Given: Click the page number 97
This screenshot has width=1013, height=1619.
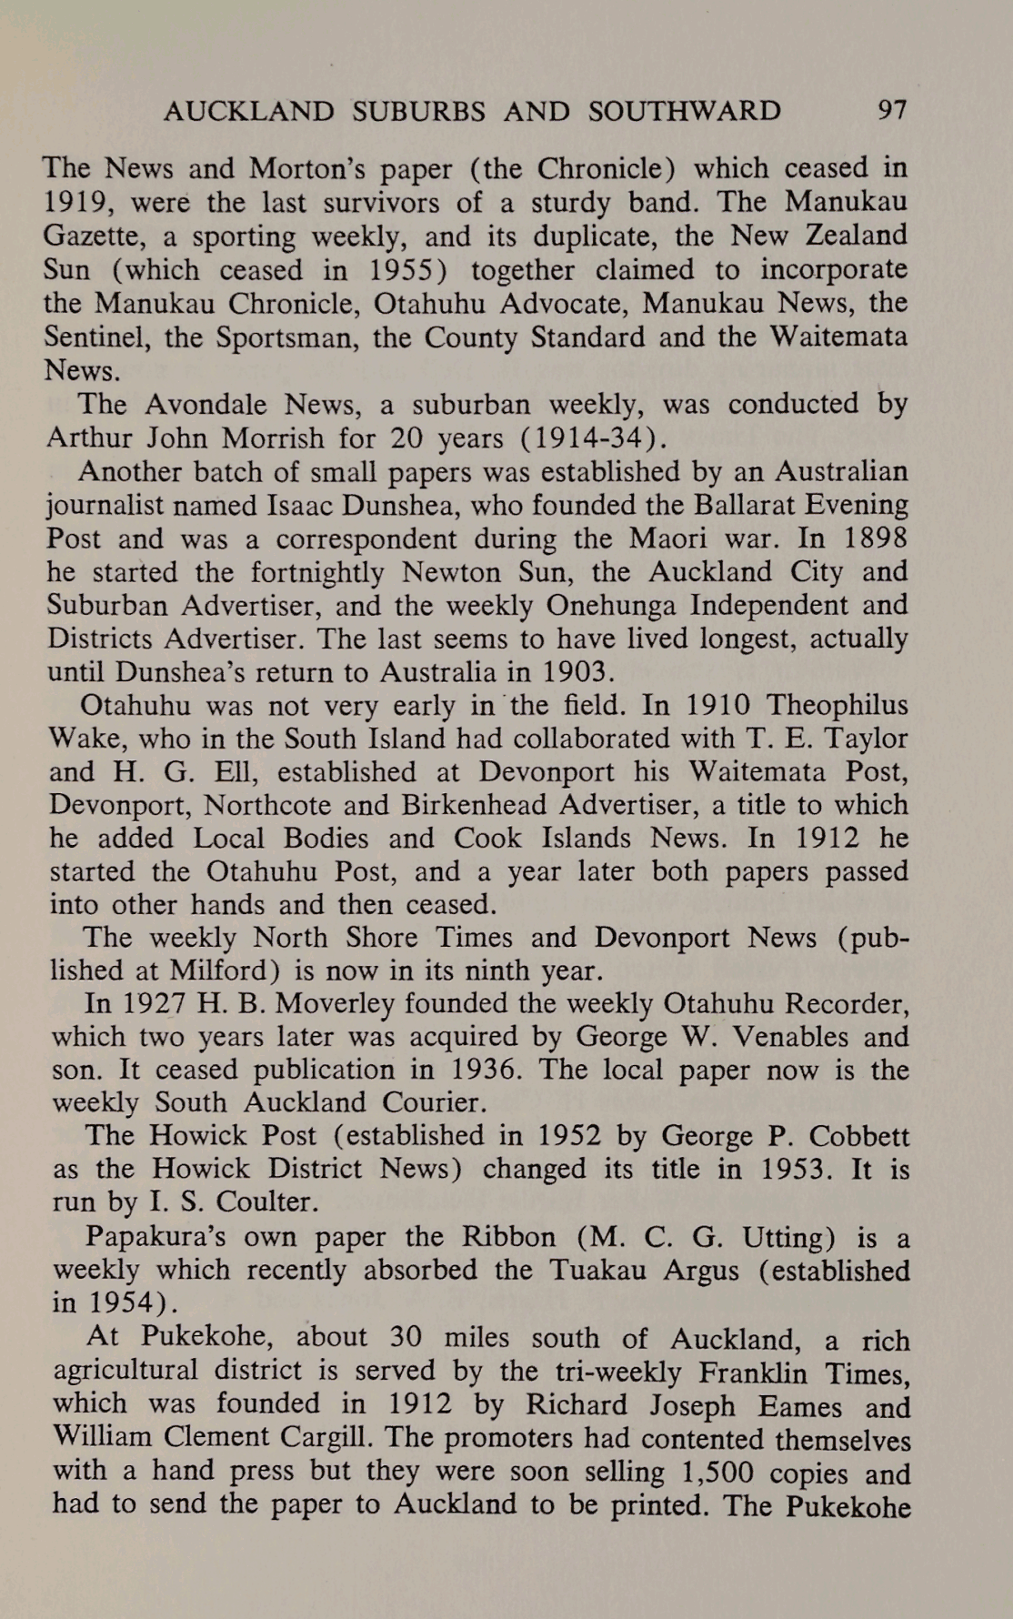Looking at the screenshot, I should (x=891, y=111).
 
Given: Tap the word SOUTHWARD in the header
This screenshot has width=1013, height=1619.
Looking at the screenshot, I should (x=684, y=111).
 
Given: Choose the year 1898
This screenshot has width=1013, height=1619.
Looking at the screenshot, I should (x=874, y=538).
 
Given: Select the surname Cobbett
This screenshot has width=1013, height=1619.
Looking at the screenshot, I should (x=858, y=1136).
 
